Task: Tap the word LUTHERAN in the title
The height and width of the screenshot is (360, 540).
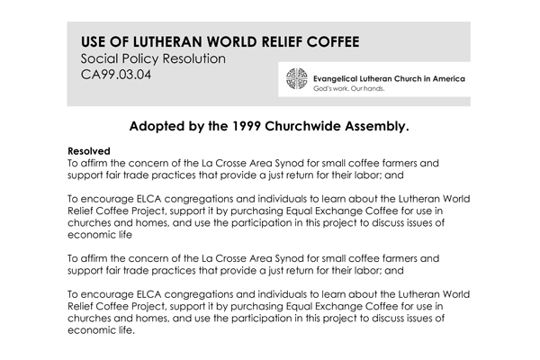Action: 160,41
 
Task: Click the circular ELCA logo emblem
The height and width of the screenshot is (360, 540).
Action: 296,83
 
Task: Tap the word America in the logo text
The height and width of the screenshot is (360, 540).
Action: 445,79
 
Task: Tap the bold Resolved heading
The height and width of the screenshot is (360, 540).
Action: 88,150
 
